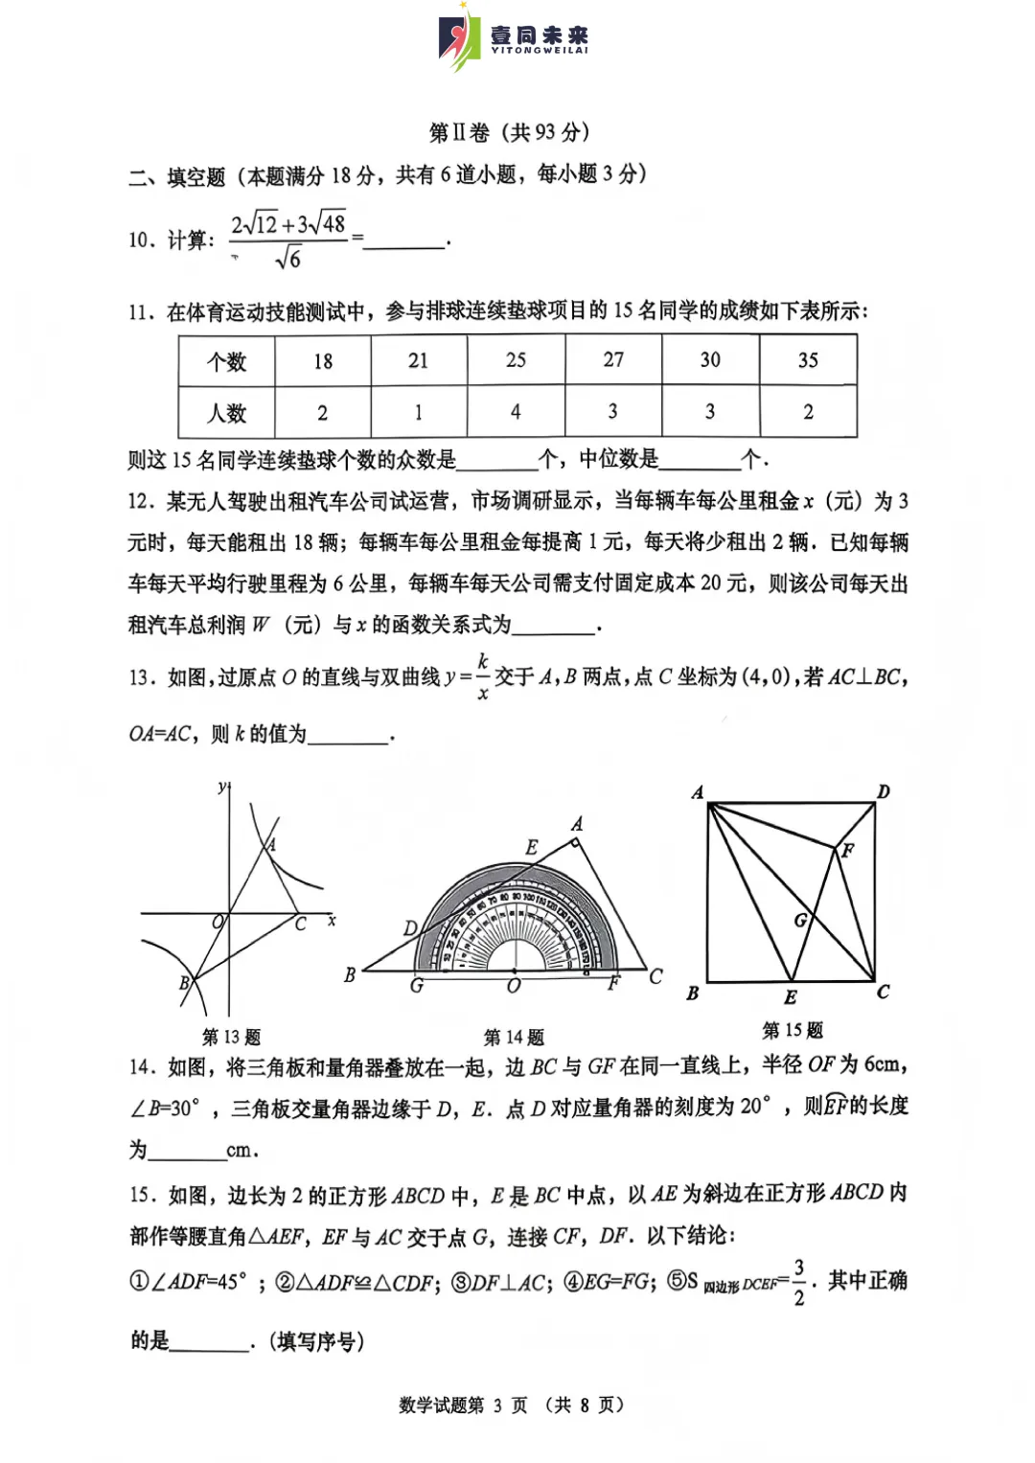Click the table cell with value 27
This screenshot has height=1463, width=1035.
click(x=613, y=360)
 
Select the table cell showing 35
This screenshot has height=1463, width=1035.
click(x=808, y=360)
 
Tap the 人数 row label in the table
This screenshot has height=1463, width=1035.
click(x=227, y=413)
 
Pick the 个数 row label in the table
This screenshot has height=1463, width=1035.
click(x=227, y=361)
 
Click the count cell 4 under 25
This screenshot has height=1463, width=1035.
click(x=516, y=412)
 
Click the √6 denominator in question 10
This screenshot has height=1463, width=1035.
click(x=287, y=259)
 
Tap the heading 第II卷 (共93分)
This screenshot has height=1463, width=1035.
click(x=509, y=132)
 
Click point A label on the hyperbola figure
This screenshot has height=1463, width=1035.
click(x=271, y=844)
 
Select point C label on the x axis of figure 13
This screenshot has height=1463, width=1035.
click(x=300, y=924)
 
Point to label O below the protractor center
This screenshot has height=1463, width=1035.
click(x=514, y=986)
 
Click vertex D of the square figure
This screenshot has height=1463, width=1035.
click(x=884, y=791)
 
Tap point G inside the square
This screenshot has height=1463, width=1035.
click(x=800, y=920)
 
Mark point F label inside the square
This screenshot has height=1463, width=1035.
click(x=848, y=850)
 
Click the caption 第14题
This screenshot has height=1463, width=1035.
click(x=514, y=1037)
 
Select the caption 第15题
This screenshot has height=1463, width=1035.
click(x=793, y=1030)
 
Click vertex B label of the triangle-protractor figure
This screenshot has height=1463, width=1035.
click(x=350, y=974)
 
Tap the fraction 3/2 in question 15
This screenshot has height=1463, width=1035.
click(x=798, y=1283)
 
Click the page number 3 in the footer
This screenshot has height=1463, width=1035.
click(x=497, y=1406)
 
